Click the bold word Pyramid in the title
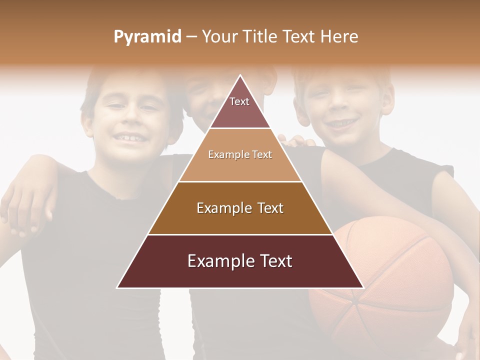[147, 37]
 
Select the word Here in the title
[339, 37]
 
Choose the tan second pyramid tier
[240, 155]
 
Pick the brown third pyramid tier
[240, 208]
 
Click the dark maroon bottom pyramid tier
[240, 261]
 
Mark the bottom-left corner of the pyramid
[117, 287]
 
